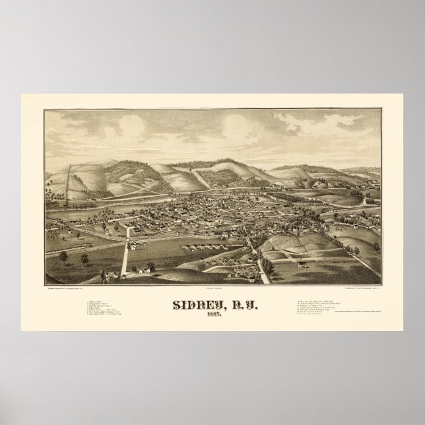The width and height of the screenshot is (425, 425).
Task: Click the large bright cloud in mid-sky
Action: pos(235,126)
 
